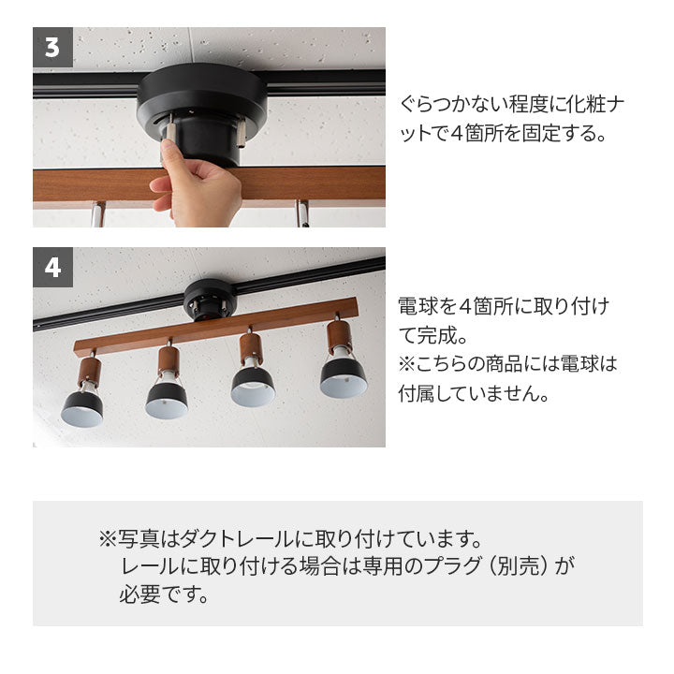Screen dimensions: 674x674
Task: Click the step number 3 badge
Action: click(x=52, y=48)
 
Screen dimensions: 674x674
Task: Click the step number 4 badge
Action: click(x=52, y=268)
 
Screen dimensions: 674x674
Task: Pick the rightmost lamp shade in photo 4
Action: click(x=344, y=377)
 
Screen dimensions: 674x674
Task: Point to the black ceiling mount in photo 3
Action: click(x=202, y=112)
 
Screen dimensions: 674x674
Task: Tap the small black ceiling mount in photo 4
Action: click(x=210, y=300)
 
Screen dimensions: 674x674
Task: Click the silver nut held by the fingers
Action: click(x=170, y=129)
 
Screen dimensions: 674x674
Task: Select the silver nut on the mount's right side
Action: click(x=242, y=134)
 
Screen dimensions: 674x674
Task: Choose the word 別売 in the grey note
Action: click(x=521, y=566)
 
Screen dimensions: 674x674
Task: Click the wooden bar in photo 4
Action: click(x=216, y=327)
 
